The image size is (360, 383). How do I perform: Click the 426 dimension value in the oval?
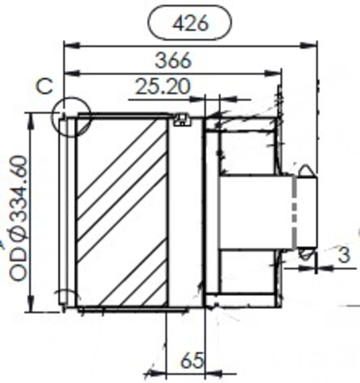[190, 24]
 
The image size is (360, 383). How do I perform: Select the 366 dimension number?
[173, 61]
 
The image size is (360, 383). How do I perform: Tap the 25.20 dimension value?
[163, 87]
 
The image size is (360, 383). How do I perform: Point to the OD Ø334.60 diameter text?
[19, 218]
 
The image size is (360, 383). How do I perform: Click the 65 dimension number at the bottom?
[191, 361]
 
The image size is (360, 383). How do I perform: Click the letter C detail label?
[45, 87]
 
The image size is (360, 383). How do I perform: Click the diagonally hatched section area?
[122, 213]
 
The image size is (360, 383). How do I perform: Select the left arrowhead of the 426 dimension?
[71, 46]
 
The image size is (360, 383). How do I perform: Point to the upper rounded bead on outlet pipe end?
[306, 171]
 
